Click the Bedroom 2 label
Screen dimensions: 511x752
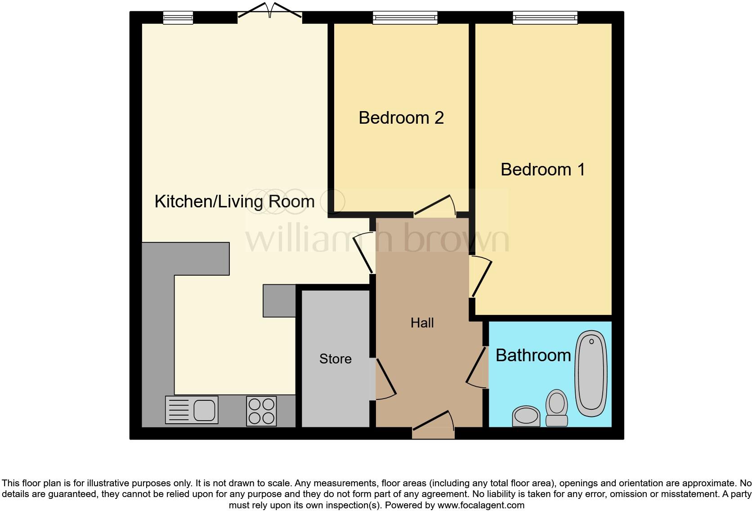tap(401, 118)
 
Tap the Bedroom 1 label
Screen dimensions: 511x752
tap(542, 170)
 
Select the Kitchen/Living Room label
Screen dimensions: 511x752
tap(234, 202)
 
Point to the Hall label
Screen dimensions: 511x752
tap(422, 323)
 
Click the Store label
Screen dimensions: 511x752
tap(335, 359)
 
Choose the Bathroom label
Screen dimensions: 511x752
tap(533, 355)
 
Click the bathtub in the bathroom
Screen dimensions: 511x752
tap(591, 374)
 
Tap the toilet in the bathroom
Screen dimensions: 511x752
tap(556, 408)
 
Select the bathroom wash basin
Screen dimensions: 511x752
tap(526, 416)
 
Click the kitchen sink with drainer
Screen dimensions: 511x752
tap(192, 409)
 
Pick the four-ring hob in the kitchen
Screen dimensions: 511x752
tap(261, 411)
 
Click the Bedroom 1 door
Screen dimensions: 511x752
tap(480, 276)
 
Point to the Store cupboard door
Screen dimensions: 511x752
tap(385, 379)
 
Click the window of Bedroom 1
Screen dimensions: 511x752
tap(545, 18)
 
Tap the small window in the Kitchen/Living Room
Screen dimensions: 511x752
tap(178, 18)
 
